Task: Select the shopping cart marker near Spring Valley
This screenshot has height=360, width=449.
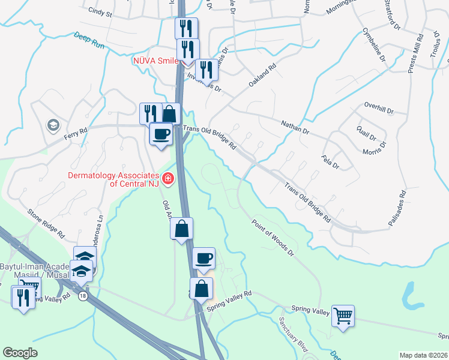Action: pyautogui.click(x=343, y=314)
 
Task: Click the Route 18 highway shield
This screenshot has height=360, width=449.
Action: pyautogui.click(x=82, y=295)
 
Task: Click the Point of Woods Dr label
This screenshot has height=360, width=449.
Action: pyautogui.click(x=273, y=236)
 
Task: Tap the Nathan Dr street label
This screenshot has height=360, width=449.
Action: pyautogui.click(x=295, y=127)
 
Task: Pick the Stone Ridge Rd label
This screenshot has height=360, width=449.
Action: pyautogui.click(x=46, y=223)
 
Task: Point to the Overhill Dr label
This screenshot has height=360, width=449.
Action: pyautogui.click(x=378, y=110)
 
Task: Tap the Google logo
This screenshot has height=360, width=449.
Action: pyautogui.click(x=20, y=352)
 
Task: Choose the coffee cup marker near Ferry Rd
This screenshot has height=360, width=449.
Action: pyautogui.click(x=161, y=134)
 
